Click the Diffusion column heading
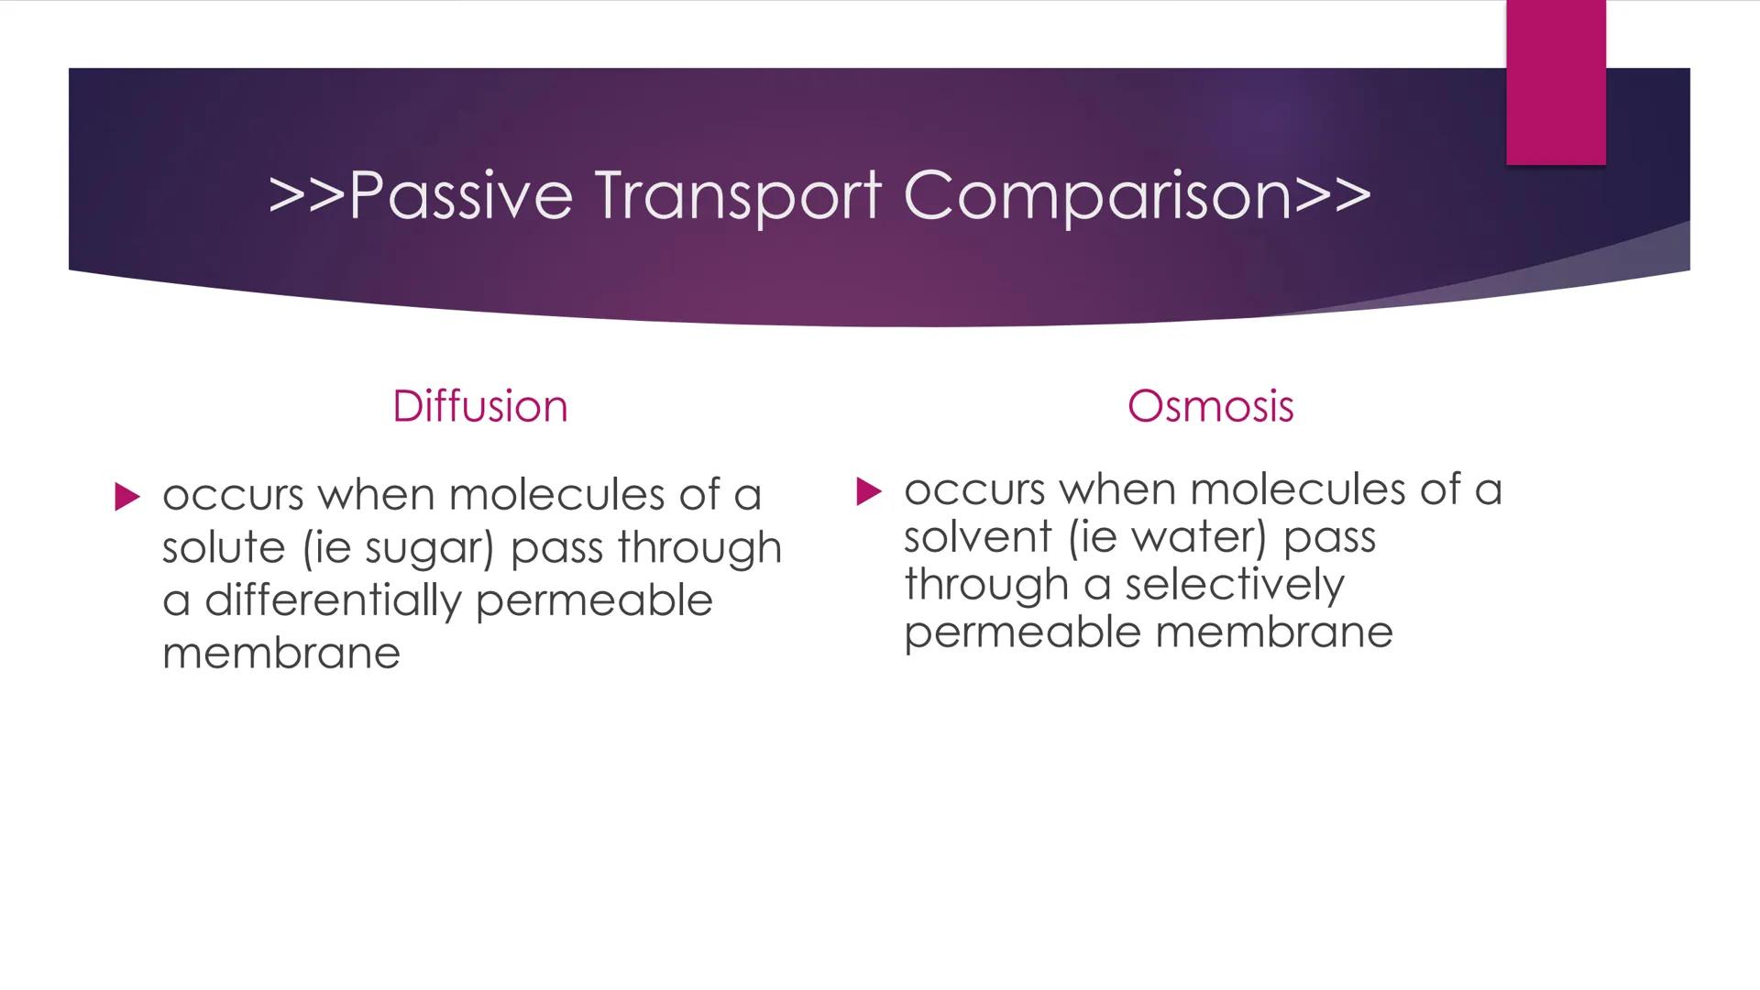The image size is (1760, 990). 479,406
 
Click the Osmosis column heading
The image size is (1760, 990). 1210,406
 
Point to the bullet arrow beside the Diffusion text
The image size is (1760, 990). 127,497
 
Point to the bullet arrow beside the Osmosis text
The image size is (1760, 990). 868,491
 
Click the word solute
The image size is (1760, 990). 224,547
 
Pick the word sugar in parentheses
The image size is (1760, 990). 423,549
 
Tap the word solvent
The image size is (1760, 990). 977,536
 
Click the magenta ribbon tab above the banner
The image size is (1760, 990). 1556,82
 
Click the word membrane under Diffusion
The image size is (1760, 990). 281,653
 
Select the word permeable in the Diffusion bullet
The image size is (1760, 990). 593,601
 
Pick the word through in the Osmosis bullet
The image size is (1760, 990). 985,585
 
